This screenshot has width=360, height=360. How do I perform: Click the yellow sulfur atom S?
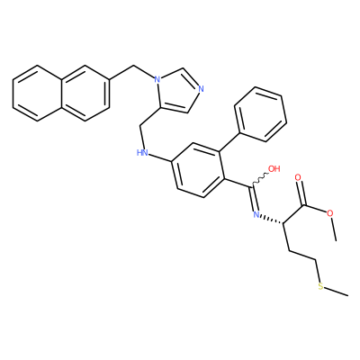pyautogui.click(x=320, y=286)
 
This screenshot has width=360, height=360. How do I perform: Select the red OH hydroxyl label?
pyautogui.click(x=274, y=168)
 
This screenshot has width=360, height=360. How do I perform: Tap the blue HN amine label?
pyautogui.click(x=142, y=152)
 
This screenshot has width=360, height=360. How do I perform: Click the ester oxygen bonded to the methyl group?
pyautogui.click(x=330, y=213)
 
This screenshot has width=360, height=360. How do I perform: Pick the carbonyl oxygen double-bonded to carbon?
pyautogui.click(x=298, y=177)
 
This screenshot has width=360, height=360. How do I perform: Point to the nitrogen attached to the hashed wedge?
pyautogui.click(x=256, y=214)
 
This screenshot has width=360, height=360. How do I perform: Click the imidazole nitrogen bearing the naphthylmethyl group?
pyautogui.click(x=156, y=79)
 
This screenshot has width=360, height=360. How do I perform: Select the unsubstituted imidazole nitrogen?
pyautogui.click(x=201, y=89)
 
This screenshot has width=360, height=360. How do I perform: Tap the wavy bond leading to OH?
pyautogui.click(x=258, y=179)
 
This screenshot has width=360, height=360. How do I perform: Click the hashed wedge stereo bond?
pyautogui.click(x=272, y=219)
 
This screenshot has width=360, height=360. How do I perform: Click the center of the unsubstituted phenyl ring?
pyautogui.click(x=260, y=114)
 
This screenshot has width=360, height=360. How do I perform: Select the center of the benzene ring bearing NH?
pyautogui.click(x=198, y=170)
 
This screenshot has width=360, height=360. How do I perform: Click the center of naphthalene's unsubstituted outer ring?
pyautogui.click(x=37, y=93)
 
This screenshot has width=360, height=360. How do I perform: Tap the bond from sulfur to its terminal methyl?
pyautogui.click(x=337, y=291)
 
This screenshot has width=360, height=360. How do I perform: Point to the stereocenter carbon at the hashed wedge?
pyautogui.click(x=283, y=222)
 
